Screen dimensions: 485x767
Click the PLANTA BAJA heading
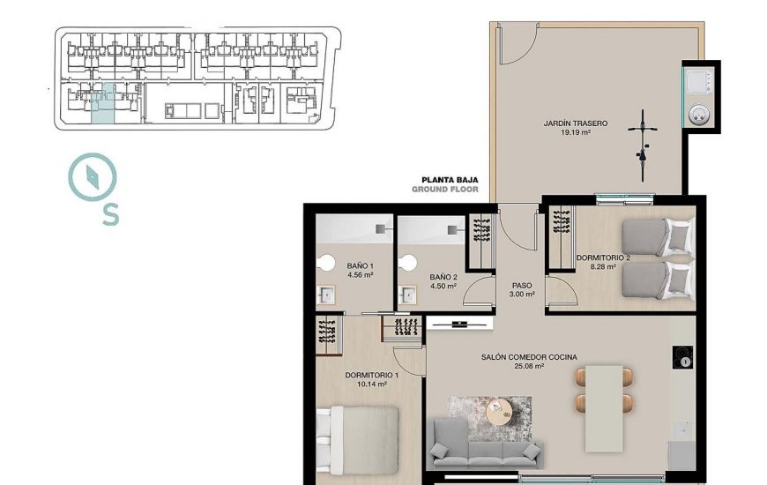pyautogui.click(x=449, y=179)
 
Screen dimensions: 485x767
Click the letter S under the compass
pyautogui.click(x=110, y=214)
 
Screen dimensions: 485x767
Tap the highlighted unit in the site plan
pyautogui.click(x=103, y=105)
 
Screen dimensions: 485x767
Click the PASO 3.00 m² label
pyautogui.click(x=523, y=290)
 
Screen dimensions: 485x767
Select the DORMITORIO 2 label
pyautogui.click(x=603, y=257)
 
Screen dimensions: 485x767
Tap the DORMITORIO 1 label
pyautogui.click(x=371, y=375)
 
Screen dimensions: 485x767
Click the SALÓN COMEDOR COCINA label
pyautogui.click(x=529, y=357)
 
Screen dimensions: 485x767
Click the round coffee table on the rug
pyautogui.click(x=500, y=411)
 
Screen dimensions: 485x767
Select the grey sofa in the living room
pyautogui.click(x=485, y=445)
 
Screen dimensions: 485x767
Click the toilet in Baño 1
pyautogui.click(x=327, y=263)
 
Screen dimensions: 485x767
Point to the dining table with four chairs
pyautogui.click(x=605, y=390)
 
